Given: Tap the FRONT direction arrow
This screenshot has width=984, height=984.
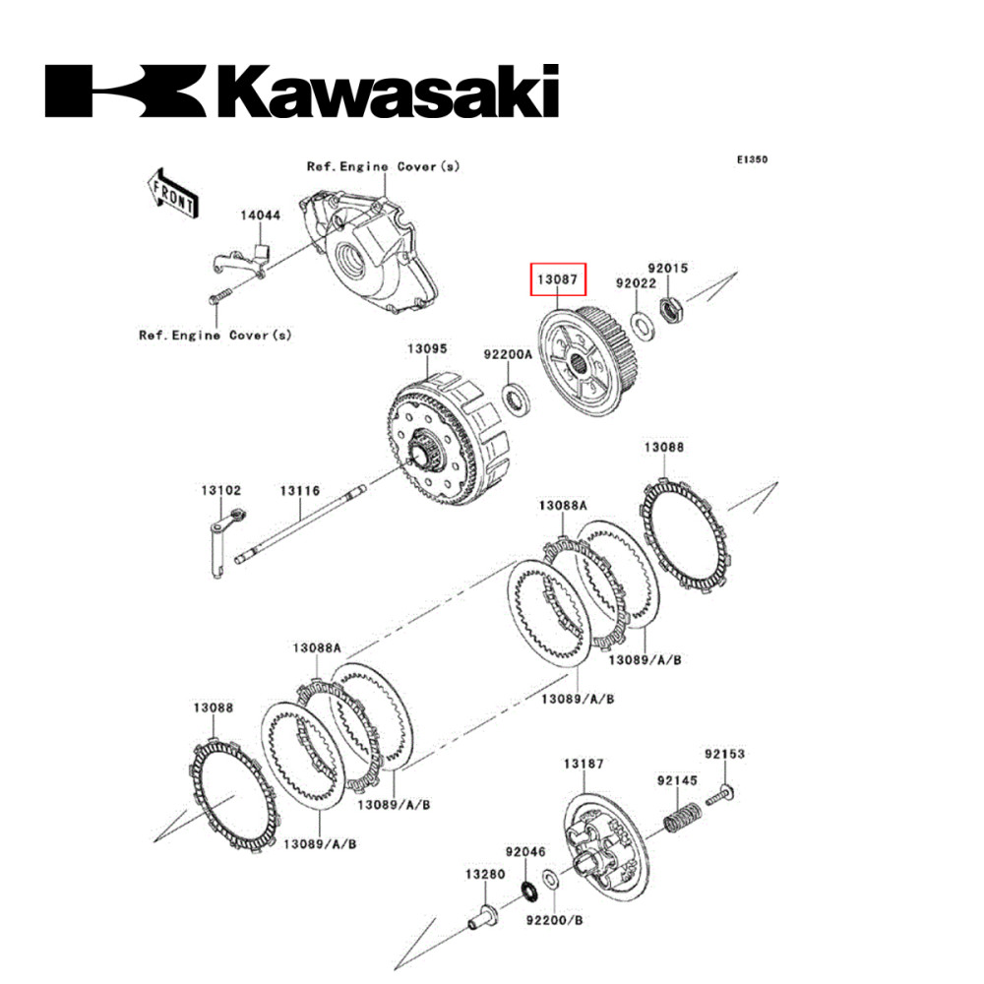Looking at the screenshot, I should (172, 192).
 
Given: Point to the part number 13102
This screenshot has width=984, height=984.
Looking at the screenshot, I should (221, 489).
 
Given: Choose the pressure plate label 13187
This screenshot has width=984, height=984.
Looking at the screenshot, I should (584, 764).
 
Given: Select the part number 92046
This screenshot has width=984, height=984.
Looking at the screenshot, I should (525, 850).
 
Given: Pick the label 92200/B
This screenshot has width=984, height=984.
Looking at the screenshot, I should (554, 921).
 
